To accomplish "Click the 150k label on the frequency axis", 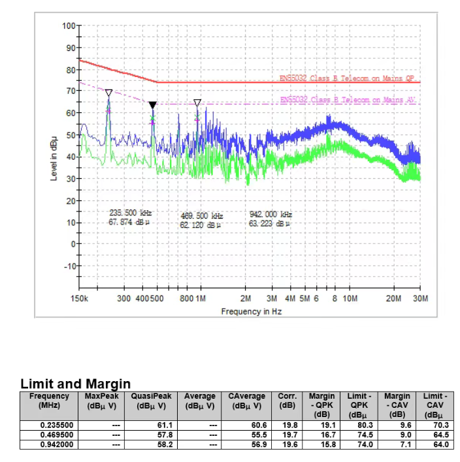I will coord(79,298).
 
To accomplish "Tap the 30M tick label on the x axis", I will coord(420,298).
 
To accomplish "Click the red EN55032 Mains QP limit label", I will coord(346,78).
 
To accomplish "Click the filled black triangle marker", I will coord(152,105).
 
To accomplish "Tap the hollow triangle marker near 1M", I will coord(197,103).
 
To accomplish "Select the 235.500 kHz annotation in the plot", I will coord(130,213).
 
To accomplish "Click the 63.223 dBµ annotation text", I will coord(269,223).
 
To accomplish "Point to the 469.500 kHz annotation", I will coord(201,215).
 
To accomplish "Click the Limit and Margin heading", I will coord(76,384).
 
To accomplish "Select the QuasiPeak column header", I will coord(151,401).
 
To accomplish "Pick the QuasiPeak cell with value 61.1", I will coord(151,425).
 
